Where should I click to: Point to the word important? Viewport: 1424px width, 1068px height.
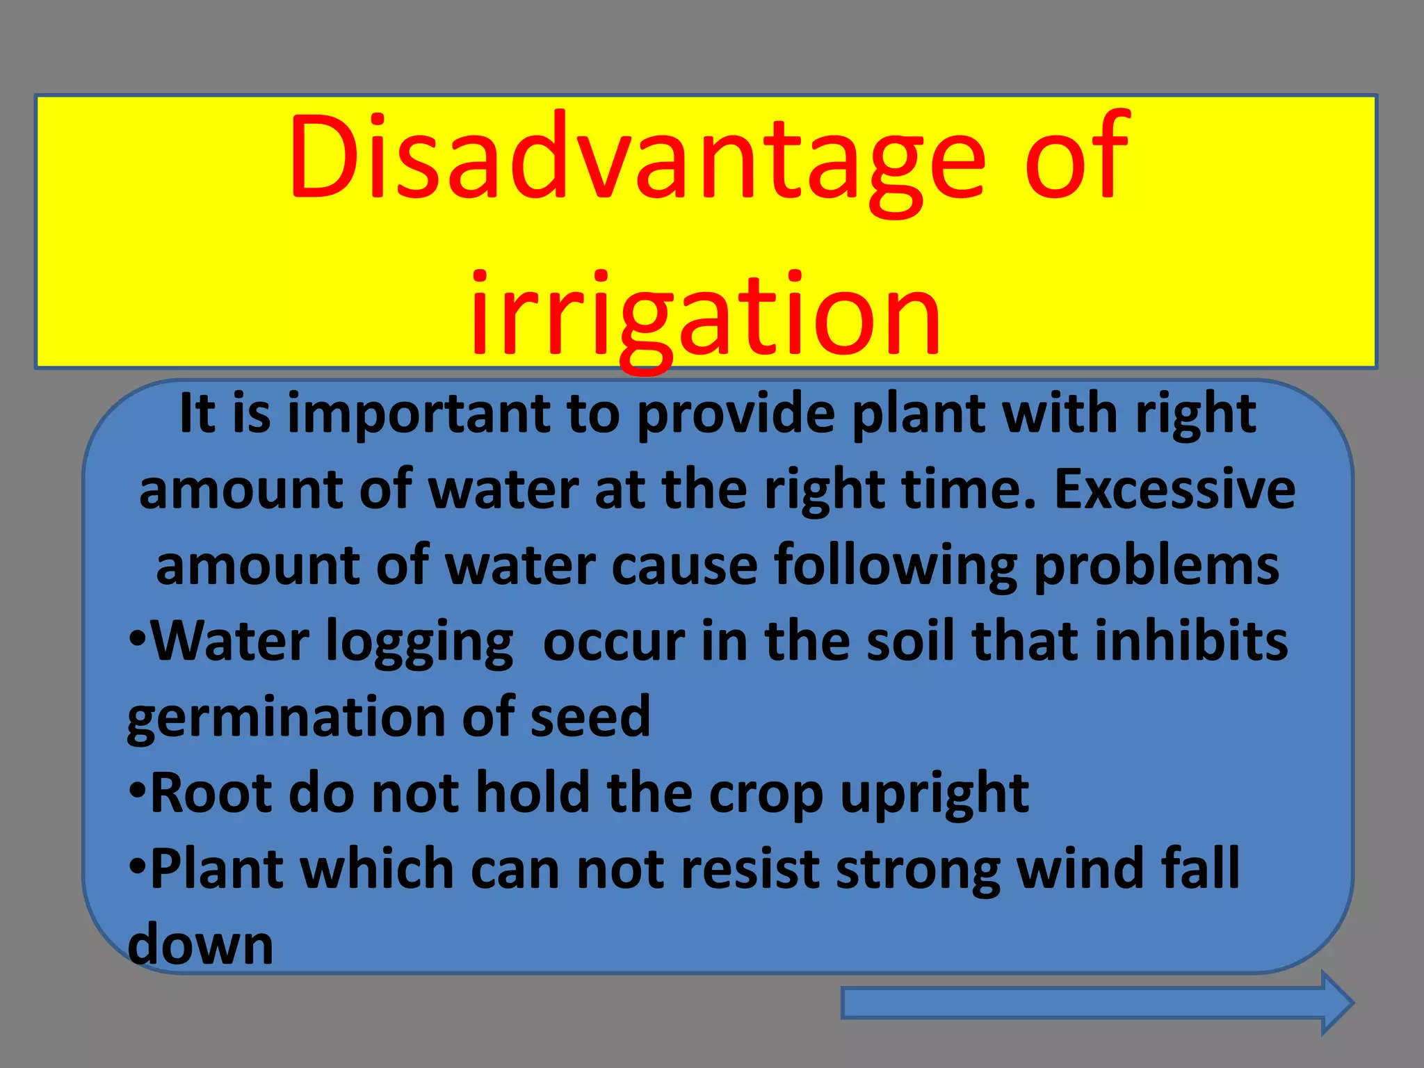click(419, 415)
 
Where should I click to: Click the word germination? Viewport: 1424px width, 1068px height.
click(286, 718)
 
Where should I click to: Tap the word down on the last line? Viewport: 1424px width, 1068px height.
click(201, 945)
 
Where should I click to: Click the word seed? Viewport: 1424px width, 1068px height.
click(590, 718)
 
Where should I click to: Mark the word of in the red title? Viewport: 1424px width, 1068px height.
click(1076, 159)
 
